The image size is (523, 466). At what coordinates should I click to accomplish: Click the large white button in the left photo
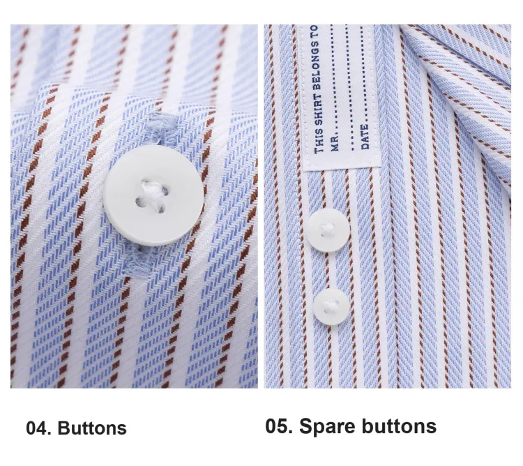(153, 195)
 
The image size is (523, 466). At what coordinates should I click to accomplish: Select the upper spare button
(328, 230)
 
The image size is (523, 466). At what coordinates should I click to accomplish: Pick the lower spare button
(331, 306)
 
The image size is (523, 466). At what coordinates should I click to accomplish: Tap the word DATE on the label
(365, 137)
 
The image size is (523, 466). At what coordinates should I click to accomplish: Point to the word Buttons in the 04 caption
(92, 428)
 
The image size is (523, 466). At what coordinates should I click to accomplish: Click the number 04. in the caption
(38, 428)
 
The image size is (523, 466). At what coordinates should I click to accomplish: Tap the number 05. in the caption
(279, 426)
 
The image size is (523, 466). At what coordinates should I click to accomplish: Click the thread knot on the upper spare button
(326, 230)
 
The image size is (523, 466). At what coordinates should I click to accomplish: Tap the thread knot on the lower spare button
(331, 305)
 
